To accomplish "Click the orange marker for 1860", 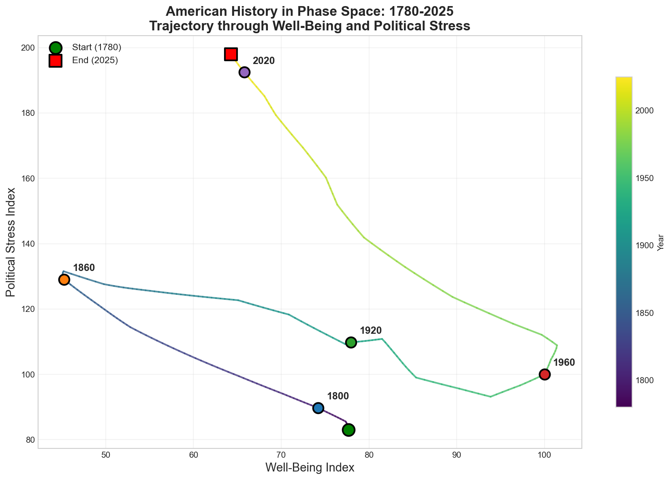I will (64, 279).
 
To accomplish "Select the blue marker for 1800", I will (318, 408).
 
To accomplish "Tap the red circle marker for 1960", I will (545, 374).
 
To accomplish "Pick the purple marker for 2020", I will (244, 72).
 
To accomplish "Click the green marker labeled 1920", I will (351, 342).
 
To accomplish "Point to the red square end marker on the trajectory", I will (231, 54).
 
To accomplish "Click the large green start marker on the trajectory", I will (348, 430).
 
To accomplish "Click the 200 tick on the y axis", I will (27, 48).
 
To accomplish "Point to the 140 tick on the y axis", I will (27, 244).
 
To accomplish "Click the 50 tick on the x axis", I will (106, 455).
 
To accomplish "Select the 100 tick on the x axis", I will (544, 455).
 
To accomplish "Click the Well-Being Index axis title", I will (310, 468).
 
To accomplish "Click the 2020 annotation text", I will (264, 61).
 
